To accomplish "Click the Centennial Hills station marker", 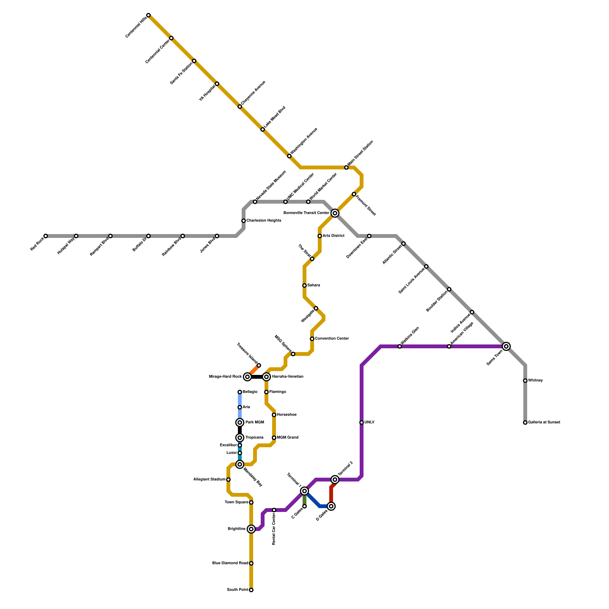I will pos(148,15).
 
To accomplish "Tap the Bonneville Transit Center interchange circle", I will pos(335,213).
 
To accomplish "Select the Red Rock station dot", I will pos(46,236).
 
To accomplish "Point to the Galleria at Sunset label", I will pos(544,422).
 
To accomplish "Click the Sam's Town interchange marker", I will pos(506,346).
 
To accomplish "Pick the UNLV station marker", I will pos(362,422).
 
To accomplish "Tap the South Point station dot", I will pos(251,590).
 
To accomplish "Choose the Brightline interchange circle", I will pos(251,529).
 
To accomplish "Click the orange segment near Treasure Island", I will pos(253,370).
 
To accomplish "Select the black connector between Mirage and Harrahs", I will pos(257,377).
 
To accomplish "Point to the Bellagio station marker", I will pos(240,392).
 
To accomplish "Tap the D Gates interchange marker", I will pos(331,506).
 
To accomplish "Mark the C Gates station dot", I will pos(304,506).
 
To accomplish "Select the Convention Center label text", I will pos(332,339).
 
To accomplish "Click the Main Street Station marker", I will pos(346,167).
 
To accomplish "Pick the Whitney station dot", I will pos(525,381).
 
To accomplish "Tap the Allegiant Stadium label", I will pos(209,480).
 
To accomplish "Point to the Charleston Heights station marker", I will pos(244,221).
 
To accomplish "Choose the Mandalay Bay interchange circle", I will pos(240,464).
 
